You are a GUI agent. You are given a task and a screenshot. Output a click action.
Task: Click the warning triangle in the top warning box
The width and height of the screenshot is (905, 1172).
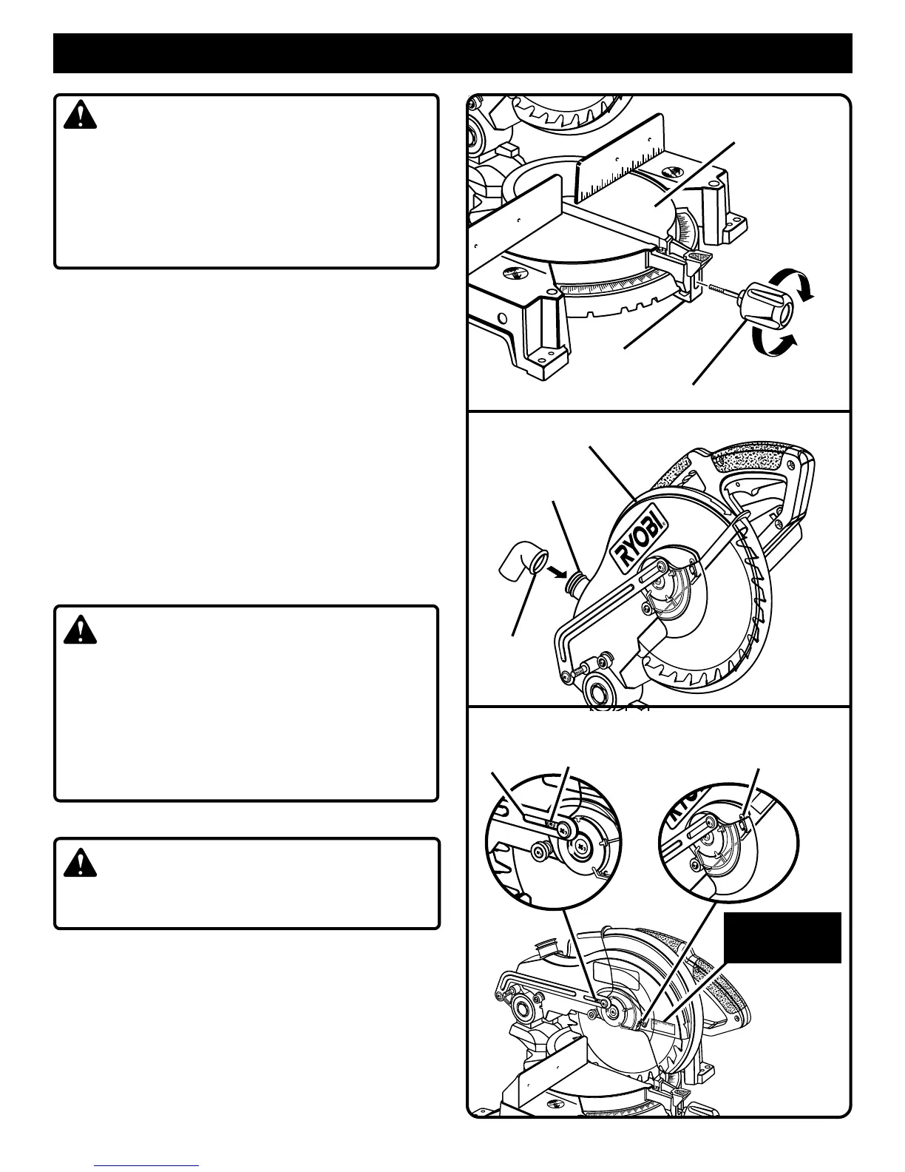tap(80, 115)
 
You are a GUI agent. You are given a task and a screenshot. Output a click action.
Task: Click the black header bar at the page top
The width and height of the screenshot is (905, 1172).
tap(452, 53)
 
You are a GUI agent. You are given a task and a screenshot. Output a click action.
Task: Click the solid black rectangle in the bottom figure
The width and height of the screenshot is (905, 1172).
tap(782, 937)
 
